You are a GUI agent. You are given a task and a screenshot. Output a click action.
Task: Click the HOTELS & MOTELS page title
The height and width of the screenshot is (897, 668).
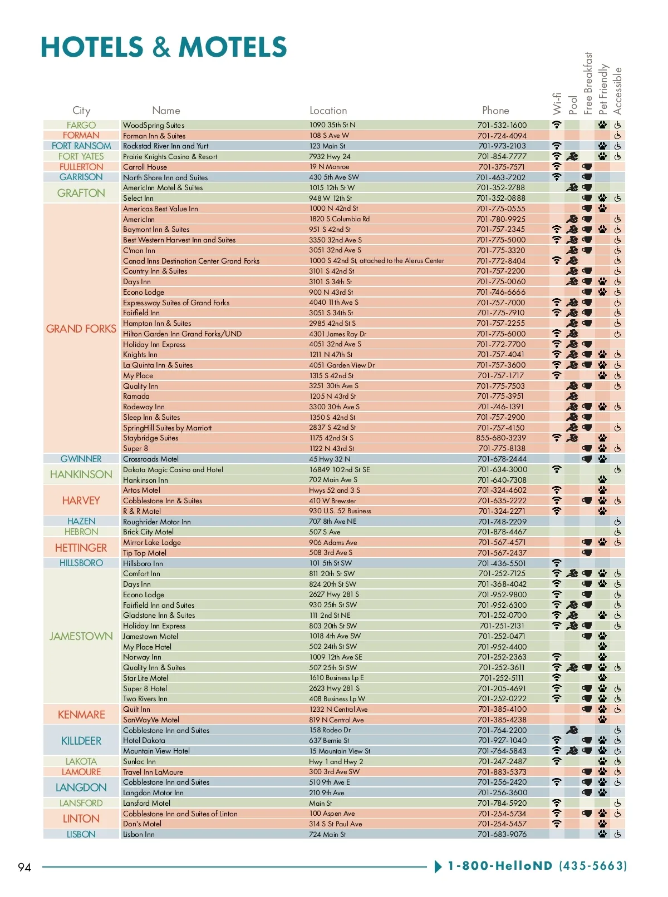(x=164, y=47)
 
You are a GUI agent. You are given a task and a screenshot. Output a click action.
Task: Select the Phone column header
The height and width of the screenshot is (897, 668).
(x=495, y=111)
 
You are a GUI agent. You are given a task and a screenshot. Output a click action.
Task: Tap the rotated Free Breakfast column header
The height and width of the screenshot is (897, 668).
(x=588, y=83)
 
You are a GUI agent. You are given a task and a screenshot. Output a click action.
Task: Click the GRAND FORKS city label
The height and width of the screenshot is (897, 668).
(x=81, y=329)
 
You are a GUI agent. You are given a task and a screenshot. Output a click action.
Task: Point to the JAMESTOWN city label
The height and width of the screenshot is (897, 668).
(x=81, y=636)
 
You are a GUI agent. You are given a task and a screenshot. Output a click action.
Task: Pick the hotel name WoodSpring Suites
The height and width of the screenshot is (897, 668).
(x=154, y=125)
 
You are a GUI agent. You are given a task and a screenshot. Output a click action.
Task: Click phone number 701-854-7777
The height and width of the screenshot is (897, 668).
(x=502, y=156)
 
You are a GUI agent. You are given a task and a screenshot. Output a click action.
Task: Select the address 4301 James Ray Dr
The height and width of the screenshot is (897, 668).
(x=337, y=334)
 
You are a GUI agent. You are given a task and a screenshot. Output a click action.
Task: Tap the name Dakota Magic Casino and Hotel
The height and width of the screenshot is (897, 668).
(x=173, y=469)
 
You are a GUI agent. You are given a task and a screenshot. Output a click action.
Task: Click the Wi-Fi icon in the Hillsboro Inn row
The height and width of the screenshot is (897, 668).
(x=557, y=563)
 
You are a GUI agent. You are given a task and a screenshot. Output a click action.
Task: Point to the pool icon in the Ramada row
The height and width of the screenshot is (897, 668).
(x=572, y=397)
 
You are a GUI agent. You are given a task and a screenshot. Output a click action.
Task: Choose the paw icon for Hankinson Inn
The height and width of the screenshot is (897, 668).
(x=602, y=480)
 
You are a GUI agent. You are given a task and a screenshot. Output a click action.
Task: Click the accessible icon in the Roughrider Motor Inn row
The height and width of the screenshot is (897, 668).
(x=618, y=522)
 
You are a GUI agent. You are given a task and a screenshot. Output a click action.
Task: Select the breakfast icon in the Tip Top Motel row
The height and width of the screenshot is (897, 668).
(x=587, y=553)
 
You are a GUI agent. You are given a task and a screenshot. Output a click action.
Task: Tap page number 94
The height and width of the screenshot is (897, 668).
(x=24, y=867)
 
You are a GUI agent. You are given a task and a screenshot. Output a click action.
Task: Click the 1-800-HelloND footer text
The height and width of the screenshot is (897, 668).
(x=537, y=866)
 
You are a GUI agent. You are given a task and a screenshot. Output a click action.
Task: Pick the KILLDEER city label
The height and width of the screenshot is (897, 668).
(x=81, y=741)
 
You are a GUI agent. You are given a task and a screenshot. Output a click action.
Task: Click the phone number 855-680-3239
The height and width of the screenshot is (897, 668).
(x=501, y=438)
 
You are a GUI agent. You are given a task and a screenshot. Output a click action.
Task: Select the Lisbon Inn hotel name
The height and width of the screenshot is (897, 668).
(x=139, y=834)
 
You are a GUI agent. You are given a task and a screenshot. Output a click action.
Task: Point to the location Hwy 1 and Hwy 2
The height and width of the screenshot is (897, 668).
(x=336, y=761)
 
